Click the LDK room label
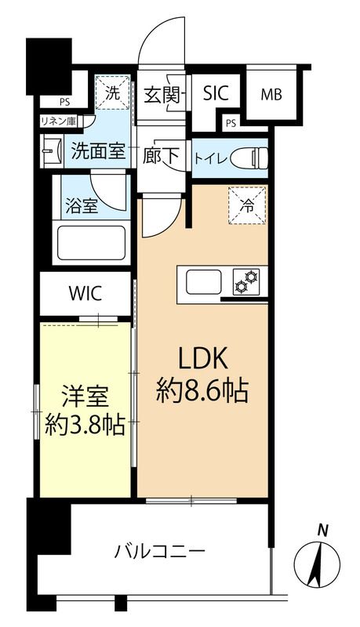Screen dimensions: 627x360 (x=202, y=358)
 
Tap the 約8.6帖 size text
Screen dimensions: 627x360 (x=202, y=390)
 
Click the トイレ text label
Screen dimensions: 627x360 (x=211, y=158)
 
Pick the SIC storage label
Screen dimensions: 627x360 (x=216, y=94)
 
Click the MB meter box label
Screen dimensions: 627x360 (x=271, y=96)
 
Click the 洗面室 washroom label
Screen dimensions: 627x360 (x=97, y=150)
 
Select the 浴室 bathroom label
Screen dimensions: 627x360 (x=80, y=208)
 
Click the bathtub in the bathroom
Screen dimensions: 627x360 (x=91, y=245)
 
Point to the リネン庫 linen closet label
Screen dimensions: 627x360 (x=59, y=121)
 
